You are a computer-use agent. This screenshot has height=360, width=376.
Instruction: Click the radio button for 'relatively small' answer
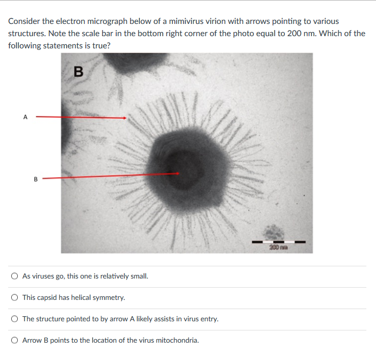coord(15,276)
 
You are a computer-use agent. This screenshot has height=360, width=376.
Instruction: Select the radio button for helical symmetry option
coord(15,297)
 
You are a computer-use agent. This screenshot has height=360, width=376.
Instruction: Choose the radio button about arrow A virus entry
coord(15,319)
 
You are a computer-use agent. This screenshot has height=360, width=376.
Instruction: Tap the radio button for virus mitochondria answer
coord(15,340)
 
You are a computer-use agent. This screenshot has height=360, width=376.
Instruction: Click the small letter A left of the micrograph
coord(25,117)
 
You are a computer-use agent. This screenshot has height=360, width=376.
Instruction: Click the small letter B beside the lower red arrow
coord(36,179)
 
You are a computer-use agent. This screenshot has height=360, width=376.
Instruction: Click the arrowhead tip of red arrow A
coord(126,118)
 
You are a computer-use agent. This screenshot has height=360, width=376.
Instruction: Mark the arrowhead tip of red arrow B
coord(179,173)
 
